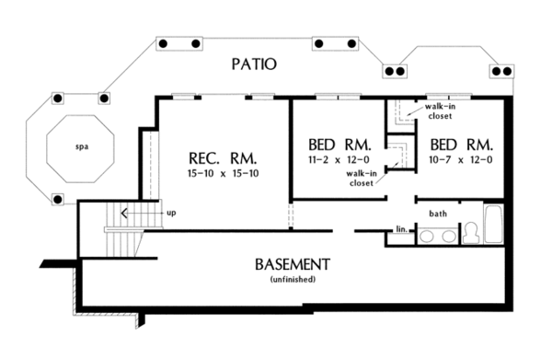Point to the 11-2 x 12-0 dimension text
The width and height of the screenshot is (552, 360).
(338, 159)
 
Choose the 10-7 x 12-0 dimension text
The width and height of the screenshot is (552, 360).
(462, 159)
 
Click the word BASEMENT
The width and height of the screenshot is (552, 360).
(292, 265)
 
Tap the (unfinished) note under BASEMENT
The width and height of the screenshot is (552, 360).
(292, 279)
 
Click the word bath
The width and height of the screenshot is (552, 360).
(438, 214)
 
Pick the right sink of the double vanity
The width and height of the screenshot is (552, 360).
(448, 236)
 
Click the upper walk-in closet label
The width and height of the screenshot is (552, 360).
(437, 112)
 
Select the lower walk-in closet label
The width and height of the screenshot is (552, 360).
(360, 177)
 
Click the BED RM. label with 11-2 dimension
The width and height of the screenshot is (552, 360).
(338, 145)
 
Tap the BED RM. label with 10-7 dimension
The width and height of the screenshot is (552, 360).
(462, 145)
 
